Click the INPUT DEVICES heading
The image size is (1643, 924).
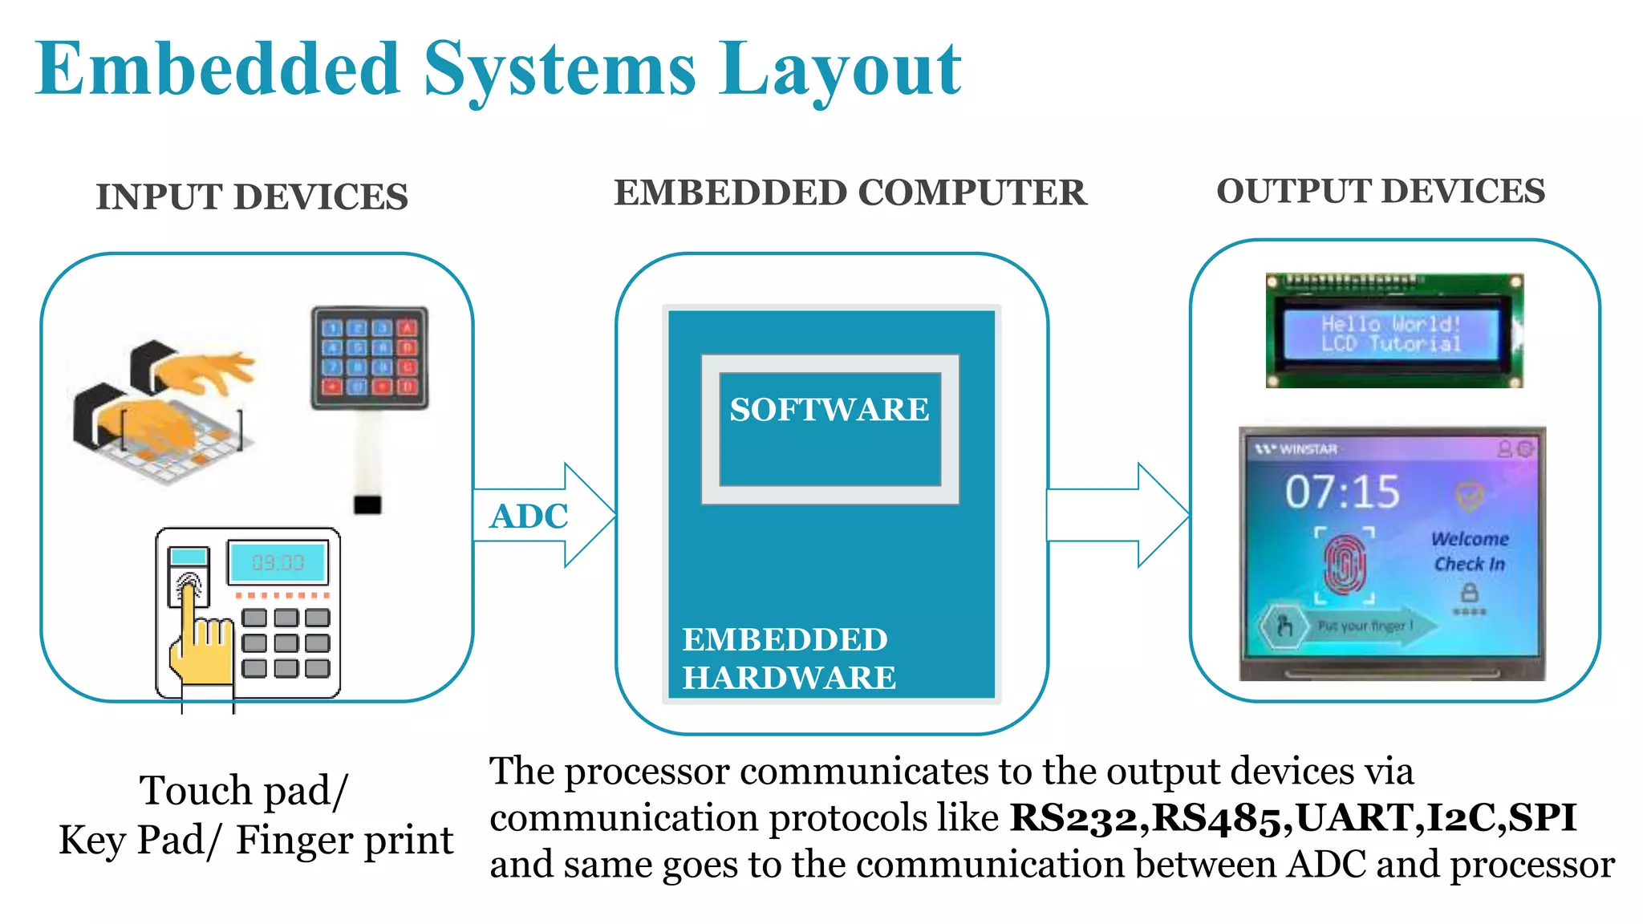(x=252, y=197)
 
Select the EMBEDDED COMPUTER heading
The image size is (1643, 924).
(x=850, y=193)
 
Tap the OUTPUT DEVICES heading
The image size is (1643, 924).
(x=1380, y=192)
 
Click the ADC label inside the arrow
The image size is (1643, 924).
(x=529, y=517)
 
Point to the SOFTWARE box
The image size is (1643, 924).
(x=830, y=429)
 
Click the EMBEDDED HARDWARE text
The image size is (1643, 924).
(x=788, y=659)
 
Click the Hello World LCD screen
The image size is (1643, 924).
(x=1391, y=334)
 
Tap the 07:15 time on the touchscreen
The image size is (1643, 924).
(x=1342, y=492)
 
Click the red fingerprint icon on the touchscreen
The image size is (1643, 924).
(x=1345, y=565)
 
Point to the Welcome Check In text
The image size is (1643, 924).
(x=1470, y=551)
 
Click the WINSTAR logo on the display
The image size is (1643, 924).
(x=1297, y=449)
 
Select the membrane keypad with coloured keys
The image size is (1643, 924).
(x=370, y=358)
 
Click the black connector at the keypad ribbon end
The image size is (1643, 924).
(x=367, y=505)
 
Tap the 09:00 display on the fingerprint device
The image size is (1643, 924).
(x=278, y=562)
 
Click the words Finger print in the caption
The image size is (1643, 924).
(x=344, y=841)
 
